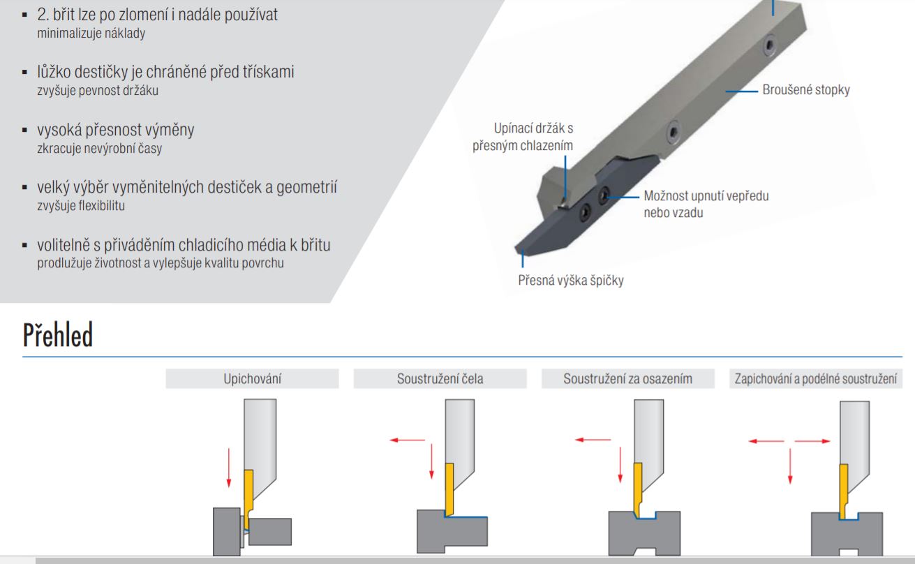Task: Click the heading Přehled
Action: pyautogui.click(x=58, y=336)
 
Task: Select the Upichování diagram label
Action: pyautogui.click(x=252, y=379)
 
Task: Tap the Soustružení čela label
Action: pyautogui.click(x=440, y=379)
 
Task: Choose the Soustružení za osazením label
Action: pyautogui.click(x=627, y=379)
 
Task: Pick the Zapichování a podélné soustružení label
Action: pyautogui.click(x=815, y=379)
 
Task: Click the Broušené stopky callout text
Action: pyautogui.click(x=806, y=90)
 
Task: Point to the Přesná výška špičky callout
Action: pyautogui.click(x=571, y=281)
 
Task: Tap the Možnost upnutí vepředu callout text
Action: pyautogui.click(x=706, y=196)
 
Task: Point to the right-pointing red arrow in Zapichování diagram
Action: pyautogui.click(x=812, y=441)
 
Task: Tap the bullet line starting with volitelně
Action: pyautogui.click(x=185, y=246)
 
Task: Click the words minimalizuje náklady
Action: pyautogui.click(x=91, y=34)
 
